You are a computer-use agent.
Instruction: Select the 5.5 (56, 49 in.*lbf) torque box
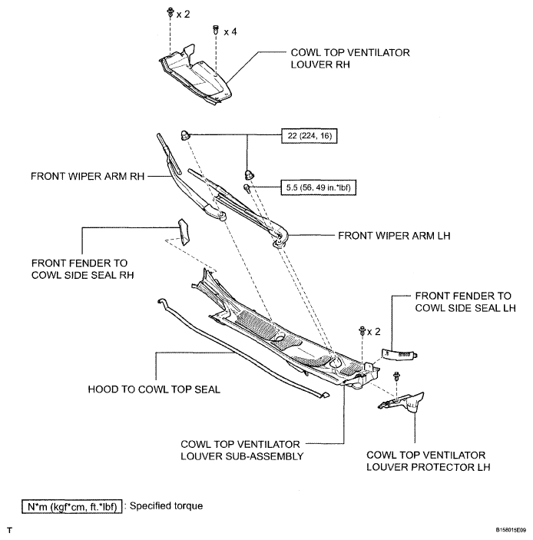318,187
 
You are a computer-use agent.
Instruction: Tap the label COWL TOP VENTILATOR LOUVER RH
350,58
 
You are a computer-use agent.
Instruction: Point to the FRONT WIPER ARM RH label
88,177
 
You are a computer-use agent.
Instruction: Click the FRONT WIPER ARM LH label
394,236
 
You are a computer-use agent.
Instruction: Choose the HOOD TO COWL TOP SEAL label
154,389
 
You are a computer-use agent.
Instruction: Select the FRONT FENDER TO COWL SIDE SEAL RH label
83,269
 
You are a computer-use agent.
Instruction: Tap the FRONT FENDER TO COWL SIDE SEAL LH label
465,302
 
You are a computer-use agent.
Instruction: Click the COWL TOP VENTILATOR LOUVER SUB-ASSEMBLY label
242,450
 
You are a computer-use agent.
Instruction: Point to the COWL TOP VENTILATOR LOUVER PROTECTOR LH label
428,461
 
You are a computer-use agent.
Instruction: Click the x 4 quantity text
230,32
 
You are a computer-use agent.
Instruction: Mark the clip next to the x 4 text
216,30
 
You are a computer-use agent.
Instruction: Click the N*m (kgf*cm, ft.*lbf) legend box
72,507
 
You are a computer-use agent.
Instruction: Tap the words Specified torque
166,506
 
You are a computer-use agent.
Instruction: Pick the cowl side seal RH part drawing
184,232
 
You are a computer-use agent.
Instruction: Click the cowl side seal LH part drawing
399,354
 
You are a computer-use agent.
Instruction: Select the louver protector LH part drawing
403,401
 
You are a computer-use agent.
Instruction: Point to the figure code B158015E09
511,530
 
